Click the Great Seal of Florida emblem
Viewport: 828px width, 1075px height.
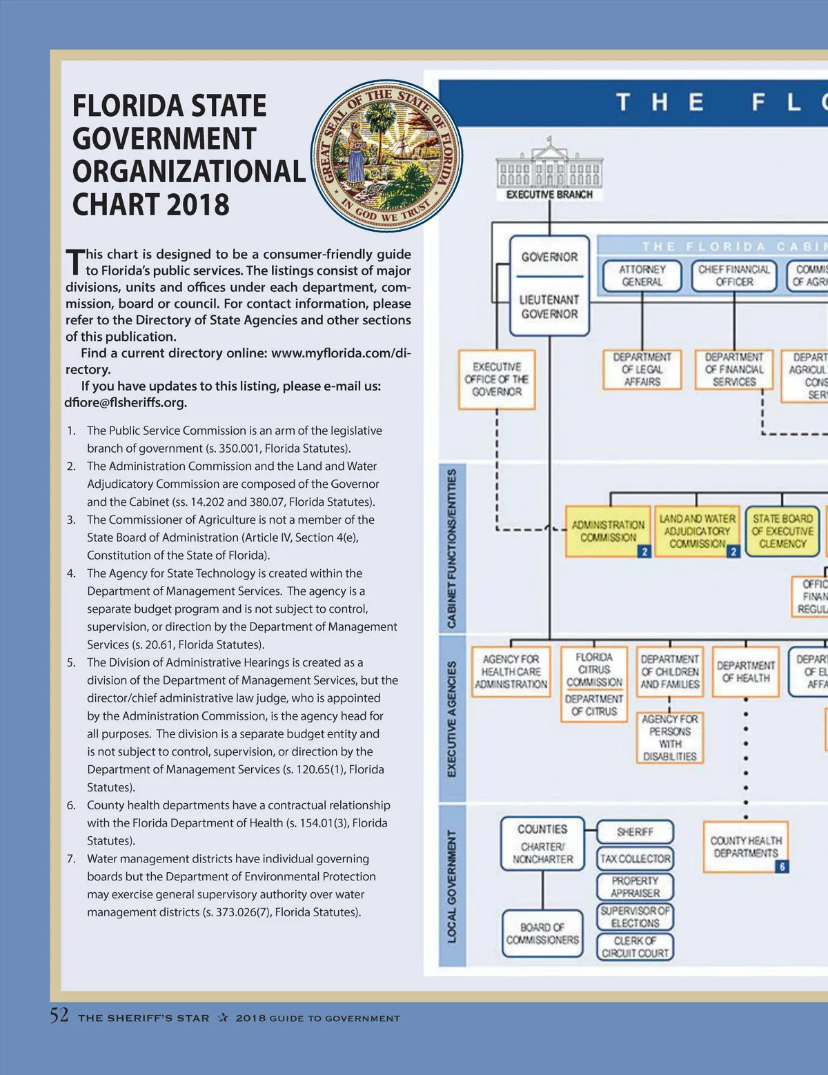[x=386, y=155]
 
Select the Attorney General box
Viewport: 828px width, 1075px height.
[x=642, y=276]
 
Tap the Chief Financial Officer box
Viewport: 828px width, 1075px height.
[x=733, y=276]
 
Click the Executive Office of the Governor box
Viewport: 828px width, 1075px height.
[x=497, y=379]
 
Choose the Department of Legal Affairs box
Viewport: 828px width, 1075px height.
[x=642, y=370]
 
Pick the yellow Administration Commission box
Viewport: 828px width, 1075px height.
[x=608, y=531]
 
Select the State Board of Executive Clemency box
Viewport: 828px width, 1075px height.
[x=782, y=531]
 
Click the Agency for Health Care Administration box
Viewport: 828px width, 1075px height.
[x=511, y=672]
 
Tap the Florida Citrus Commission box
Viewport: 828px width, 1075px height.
[x=594, y=669]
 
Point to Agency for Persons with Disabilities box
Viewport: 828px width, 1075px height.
[x=669, y=738]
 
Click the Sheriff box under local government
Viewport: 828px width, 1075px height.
[x=635, y=832]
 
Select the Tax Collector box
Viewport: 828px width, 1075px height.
[x=635, y=859]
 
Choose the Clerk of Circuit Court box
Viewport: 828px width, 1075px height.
[x=635, y=947]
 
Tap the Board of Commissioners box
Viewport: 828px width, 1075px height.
[x=542, y=934]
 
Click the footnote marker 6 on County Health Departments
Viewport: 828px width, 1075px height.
[x=782, y=867]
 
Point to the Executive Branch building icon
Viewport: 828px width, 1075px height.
[x=549, y=166]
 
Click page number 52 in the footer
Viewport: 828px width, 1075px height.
[x=59, y=1016]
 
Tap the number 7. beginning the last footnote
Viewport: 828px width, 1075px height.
[x=71, y=859]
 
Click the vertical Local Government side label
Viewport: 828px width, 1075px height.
[x=452, y=886]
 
